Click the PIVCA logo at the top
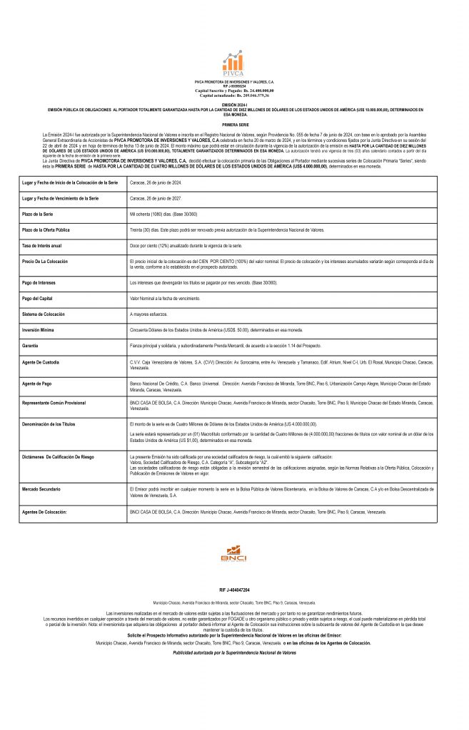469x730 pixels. click(x=233, y=65)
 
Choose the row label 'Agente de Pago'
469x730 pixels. click(x=39, y=384)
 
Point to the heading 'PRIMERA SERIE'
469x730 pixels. click(x=234, y=124)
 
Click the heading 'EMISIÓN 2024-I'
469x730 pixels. click(x=234, y=104)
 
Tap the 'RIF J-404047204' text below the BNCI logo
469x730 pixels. click(x=234, y=591)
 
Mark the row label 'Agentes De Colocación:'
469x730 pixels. click(x=45, y=512)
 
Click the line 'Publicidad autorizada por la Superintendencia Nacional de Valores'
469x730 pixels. click(x=234, y=653)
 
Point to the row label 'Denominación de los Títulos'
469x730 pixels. click(x=50, y=423)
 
